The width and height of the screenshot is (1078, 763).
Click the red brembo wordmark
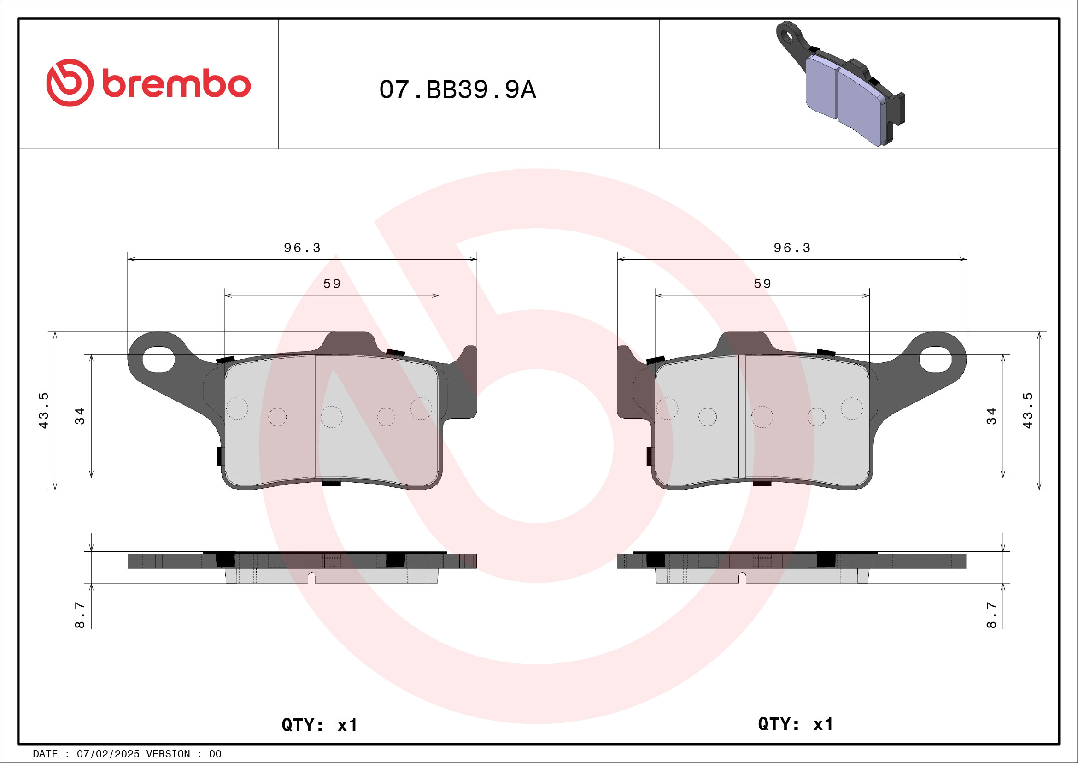(x=176, y=84)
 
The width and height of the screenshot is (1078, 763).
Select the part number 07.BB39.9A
(x=457, y=89)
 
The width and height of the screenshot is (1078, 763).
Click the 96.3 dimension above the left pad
(x=302, y=248)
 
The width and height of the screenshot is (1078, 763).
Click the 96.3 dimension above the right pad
(x=791, y=248)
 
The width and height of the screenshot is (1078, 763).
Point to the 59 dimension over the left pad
(x=332, y=284)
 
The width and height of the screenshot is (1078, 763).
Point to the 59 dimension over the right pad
(x=762, y=284)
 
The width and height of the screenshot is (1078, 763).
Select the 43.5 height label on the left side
(x=43, y=410)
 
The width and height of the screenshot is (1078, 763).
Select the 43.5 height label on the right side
(x=1028, y=410)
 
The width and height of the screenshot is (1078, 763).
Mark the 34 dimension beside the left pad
(x=80, y=416)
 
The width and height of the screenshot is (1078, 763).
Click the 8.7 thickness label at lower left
(x=80, y=615)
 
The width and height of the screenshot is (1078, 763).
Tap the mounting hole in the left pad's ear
(x=158, y=360)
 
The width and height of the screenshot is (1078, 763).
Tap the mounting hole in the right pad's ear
(x=935, y=360)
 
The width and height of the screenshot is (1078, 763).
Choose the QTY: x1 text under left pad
(x=319, y=725)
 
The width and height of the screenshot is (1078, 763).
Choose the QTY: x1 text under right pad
(x=795, y=724)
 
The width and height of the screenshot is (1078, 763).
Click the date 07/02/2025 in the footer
(x=108, y=754)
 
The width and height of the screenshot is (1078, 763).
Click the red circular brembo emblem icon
(x=70, y=83)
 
